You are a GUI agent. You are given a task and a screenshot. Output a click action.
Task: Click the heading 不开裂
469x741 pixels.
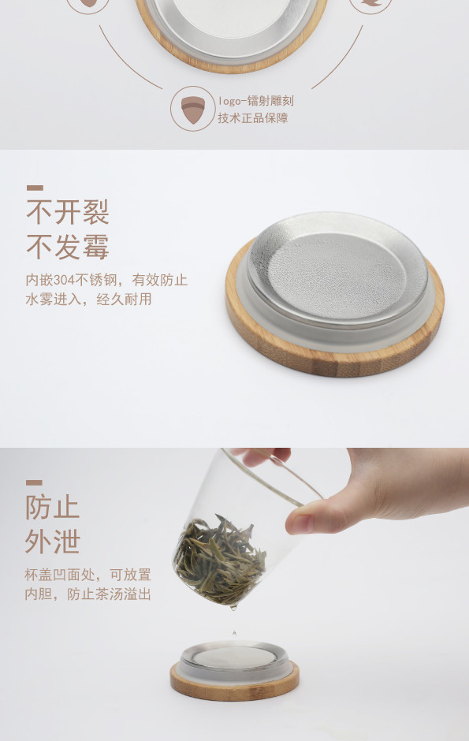click(x=68, y=212)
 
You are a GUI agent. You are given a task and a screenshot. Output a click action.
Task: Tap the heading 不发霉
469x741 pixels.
click(x=68, y=247)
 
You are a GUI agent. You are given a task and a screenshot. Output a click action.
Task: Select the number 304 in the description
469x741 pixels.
click(x=64, y=280)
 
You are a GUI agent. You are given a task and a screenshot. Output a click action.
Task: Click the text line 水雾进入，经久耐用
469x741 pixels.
click(x=88, y=299)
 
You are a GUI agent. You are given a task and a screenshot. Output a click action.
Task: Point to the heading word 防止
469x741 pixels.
click(x=53, y=507)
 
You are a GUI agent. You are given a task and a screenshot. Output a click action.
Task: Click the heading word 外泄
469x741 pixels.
click(x=53, y=541)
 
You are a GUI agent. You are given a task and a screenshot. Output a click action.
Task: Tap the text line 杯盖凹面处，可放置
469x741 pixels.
click(x=87, y=575)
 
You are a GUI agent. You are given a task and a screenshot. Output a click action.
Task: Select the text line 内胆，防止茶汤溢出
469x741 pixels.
click(x=87, y=594)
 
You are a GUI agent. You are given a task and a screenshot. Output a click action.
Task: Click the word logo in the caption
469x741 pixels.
click(x=229, y=102)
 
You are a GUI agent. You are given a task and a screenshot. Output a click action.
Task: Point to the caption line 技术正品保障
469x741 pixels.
click(x=253, y=118)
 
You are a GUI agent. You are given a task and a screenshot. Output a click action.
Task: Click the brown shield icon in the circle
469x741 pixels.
click(x=192, y=110)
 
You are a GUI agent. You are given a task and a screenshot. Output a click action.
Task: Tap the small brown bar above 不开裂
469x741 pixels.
click(x=35, y=188)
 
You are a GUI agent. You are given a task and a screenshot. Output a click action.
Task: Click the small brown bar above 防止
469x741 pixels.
click(x=34, y=482)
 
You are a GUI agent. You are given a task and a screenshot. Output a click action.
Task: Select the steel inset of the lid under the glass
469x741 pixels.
click(x=235, y=657)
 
